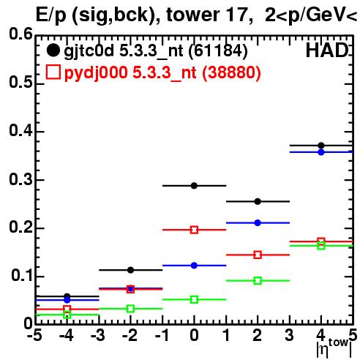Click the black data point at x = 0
click(x=194, y=186)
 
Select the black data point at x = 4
click(x=321, y=146)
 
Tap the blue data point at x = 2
click(x=258, y=222)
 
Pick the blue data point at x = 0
click(x=194, y=266)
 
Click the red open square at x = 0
click(x=194, y=230)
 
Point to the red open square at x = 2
click(x=258, y=255)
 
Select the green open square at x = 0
click(x=194, y=299)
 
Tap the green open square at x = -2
click(x=130, y=309)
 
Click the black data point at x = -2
click(x=130, y=270)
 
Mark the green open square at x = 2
click(x=258, y=280)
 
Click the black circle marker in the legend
click(x=53, y=50)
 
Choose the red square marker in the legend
click(x=53, y=72)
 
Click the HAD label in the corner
click(x=327, y=50)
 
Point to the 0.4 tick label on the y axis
click(x=20, y=130)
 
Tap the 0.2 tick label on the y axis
click(x=20, y=227)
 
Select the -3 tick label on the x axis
click(x=98, y=335)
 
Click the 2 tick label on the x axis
click(x=258, y=335)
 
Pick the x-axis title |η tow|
click(x=334, y=348)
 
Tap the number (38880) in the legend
click(x=231, y=72)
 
